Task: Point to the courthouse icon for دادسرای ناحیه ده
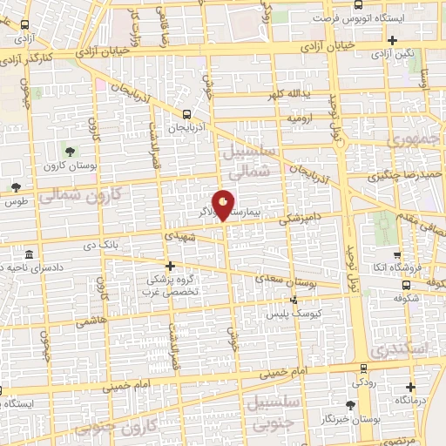coord(30,255)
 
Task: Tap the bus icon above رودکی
coord(362,369)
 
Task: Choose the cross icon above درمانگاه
coord(411,386)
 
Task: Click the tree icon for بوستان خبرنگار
coord(350,405)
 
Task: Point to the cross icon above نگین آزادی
coord(393,41)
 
